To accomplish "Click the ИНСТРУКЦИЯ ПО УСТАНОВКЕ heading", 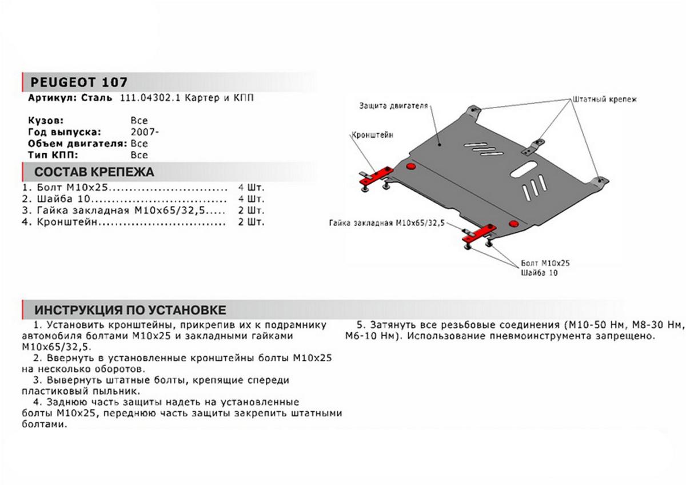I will [130, 310].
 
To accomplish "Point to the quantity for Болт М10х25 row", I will [251, 188].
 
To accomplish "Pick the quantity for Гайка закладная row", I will [251, 210].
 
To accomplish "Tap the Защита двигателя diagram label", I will [394, 106].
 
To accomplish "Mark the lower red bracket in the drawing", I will [478, 232].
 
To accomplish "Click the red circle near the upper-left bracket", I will [409, 166].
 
